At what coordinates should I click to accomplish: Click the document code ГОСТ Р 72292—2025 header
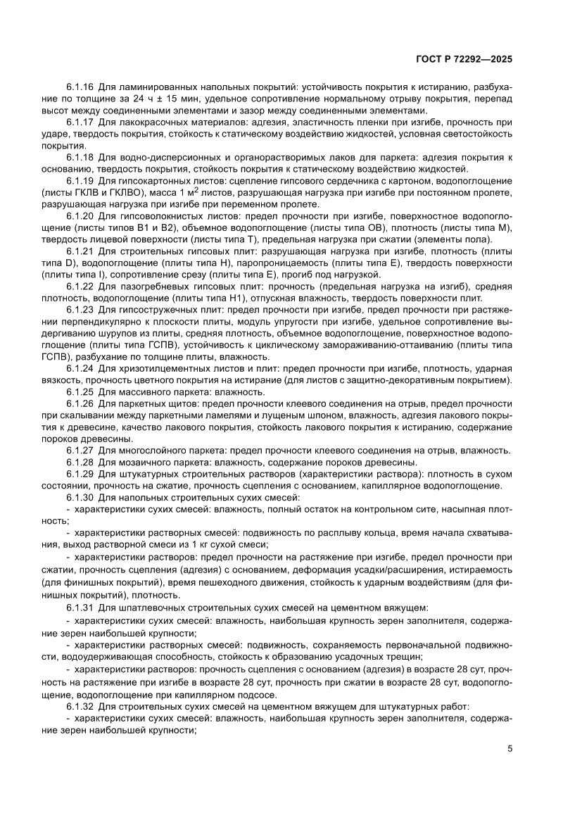pos(460,60)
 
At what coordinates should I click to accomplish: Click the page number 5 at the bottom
pos(510,748)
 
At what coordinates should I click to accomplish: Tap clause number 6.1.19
pos(81,181)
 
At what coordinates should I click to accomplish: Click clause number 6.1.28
pos(81,462)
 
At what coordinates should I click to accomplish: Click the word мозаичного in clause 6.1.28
pos(140,462)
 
